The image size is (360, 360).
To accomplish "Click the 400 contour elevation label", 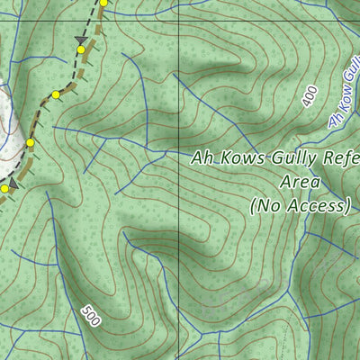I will pyautogui.click(x=310, y=97).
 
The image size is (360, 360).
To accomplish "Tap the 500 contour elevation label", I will pyautogui.click(x=90, y=316).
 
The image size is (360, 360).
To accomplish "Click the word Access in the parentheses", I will pyautogui.click(x=314, y=206).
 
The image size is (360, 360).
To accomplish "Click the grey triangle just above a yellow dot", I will pyautogui.click(x=82, y=40).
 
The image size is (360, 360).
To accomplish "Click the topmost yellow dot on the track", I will pyautogui.click(x=103, y=4).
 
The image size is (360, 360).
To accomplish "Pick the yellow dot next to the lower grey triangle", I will pyautogui.click(x=4, y=189).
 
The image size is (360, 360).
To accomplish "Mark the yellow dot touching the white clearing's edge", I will pyautogui.click(x=30, y=142).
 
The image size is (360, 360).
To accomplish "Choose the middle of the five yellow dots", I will pyautogui.click(x=56, y=94).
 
